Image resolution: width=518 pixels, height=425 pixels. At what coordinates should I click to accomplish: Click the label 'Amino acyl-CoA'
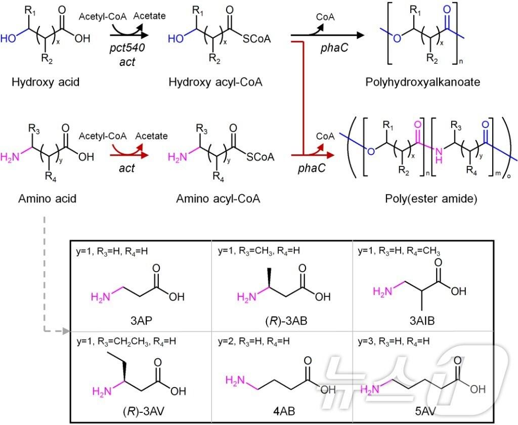click(x=219, y=199)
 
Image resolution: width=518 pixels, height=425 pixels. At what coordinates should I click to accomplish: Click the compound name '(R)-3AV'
click(x=138, y=411)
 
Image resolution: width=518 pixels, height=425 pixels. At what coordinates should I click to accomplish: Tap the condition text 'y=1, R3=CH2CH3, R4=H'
click(x=126, y=342)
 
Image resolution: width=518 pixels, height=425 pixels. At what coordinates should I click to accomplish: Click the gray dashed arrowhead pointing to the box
click(x=64, y=332)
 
